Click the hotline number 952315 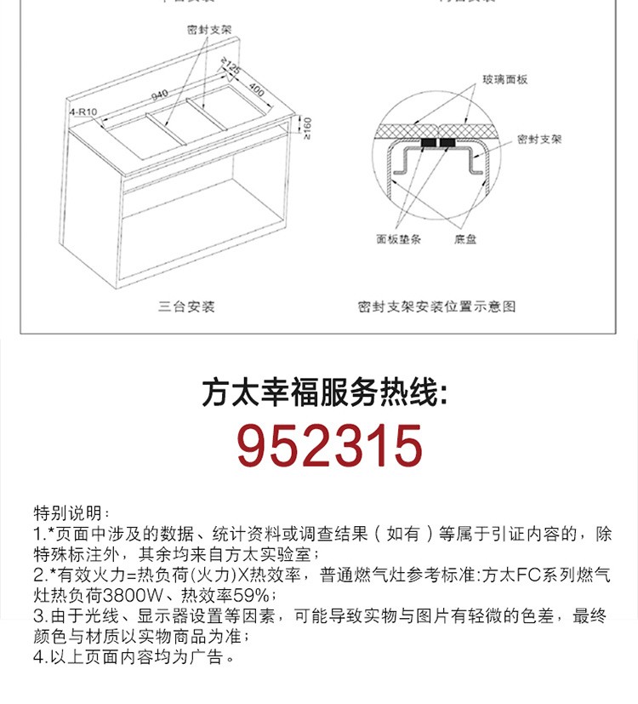coord(329,446)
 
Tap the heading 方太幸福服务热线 coord(324,394)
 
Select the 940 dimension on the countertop coord(159,93)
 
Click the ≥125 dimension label coord(230,65)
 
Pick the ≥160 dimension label coord(307,128)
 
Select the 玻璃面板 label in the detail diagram coord(505,79)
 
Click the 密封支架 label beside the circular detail coord(539,139)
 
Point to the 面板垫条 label coord(399,240)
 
